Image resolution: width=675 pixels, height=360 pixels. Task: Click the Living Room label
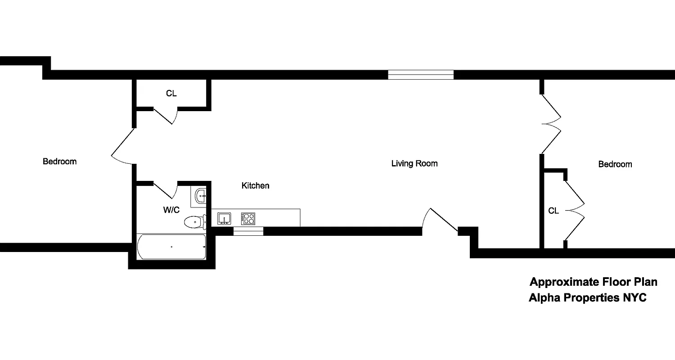click(x=414, y=163)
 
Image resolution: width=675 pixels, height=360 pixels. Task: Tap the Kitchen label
click(x=255, y=185)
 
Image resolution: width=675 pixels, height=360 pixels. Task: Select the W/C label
click(x=171, y=210)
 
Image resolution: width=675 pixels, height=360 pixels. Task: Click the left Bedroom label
click(x=59, y=161)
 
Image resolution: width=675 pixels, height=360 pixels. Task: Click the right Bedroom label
click(x=615, y=164)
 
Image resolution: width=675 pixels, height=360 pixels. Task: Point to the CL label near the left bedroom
click(x=171, y=94)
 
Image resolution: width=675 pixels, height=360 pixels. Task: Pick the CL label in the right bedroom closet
click(x=553, y=211)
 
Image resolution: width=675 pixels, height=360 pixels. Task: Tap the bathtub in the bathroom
click(x=171, y=247)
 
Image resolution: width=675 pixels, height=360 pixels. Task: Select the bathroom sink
click(x=201, y=195)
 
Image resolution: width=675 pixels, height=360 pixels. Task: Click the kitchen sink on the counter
click(x=224, y=219)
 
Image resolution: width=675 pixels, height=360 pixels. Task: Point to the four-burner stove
click(x=248, y=219)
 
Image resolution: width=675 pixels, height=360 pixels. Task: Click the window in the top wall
click(x=421, y=75)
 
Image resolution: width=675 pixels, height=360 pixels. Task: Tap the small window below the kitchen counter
click(x=248, y=231)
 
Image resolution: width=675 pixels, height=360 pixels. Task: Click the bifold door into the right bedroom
click(x=551, y=124)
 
